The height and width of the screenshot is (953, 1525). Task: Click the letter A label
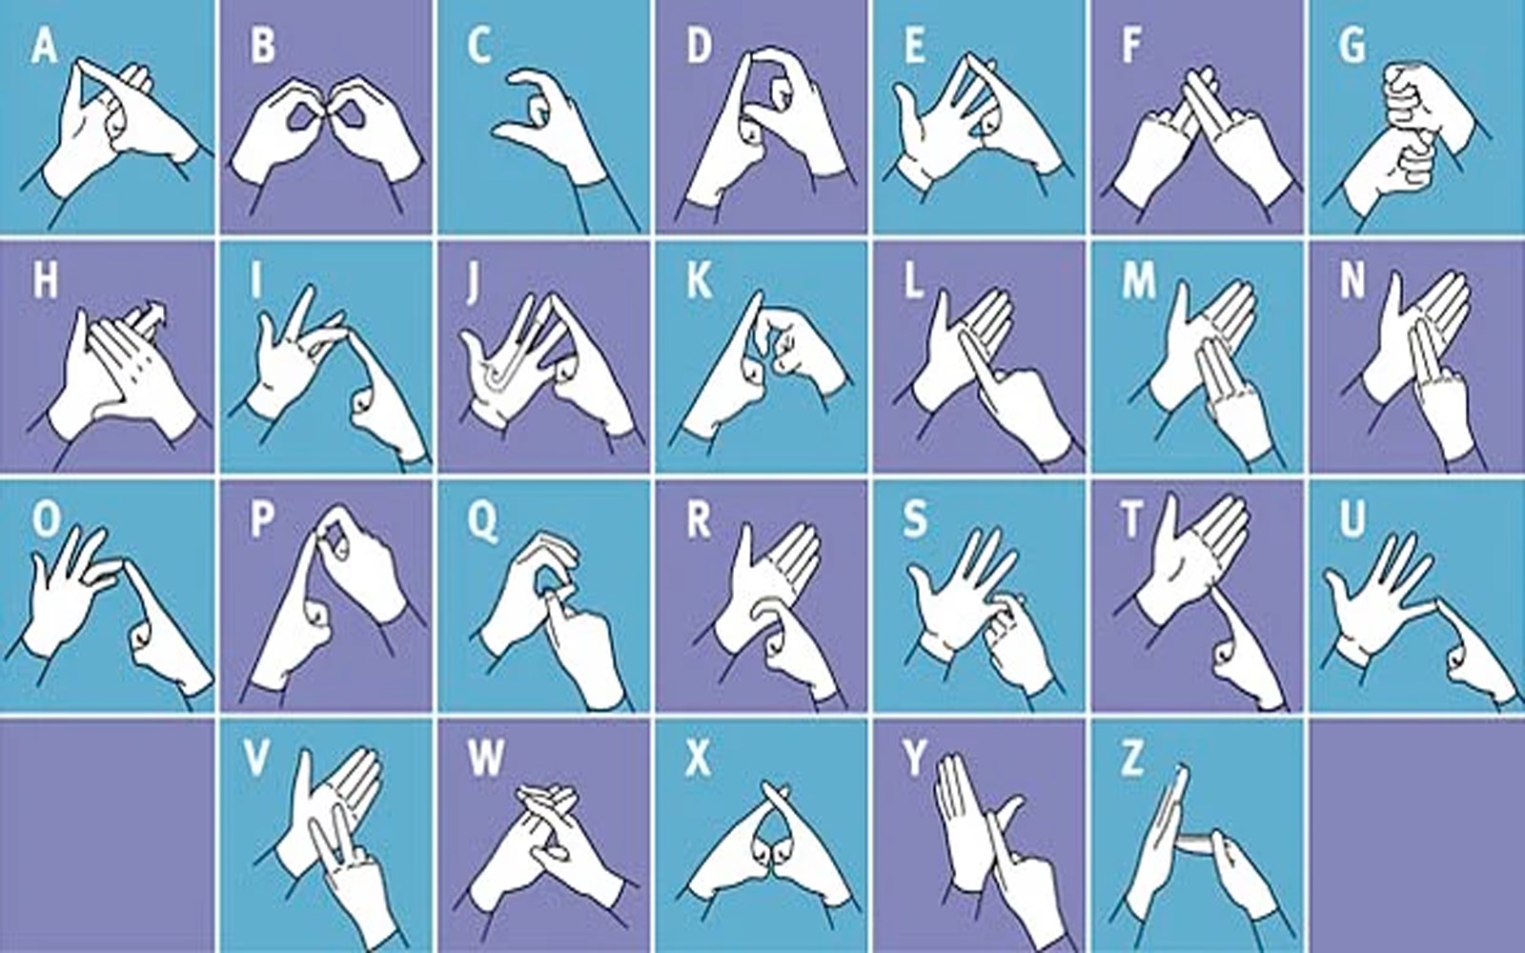click(x=44, y=47)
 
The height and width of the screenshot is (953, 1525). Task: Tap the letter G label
click(x=1352, y=47)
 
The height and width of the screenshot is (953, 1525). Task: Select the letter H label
click(x=46, y=280)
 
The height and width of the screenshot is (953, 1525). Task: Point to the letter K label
click(x=700, y=280)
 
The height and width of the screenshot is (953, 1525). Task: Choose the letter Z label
click(x=1131, y=760)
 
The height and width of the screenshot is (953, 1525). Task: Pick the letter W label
click(x=486, y=760)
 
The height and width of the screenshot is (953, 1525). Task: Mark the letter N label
click(x=1352, y=280)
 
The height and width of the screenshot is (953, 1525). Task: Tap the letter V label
click(x=256, y=760)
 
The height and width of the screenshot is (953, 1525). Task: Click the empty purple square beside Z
click(x=1418, y=836)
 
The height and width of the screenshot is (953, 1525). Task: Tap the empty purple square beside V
click(x=107, y=836)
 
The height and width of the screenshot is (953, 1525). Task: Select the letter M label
click(x=1138, y=280)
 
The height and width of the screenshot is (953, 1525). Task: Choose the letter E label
click(x=914, y=47)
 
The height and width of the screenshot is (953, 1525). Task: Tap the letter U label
click(x=1352, y=518)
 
